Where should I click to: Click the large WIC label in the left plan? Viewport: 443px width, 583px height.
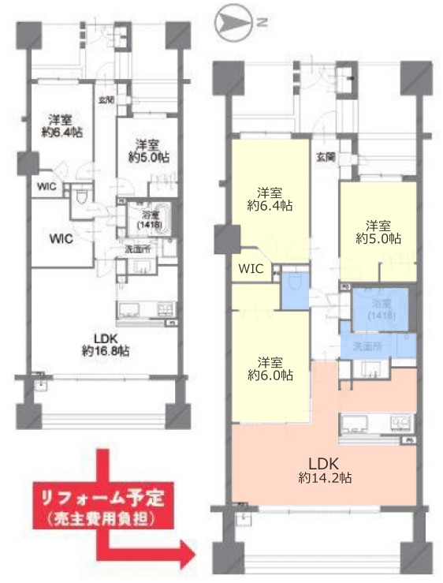(61, 238)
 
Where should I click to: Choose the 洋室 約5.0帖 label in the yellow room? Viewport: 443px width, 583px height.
(377, 229)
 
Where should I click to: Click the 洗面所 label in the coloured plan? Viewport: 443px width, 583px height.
(367, 346)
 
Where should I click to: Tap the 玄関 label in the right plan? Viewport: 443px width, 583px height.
(325, 158)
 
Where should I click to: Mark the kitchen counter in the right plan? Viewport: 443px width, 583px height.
(376, 424)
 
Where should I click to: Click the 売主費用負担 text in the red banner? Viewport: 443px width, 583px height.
(99, 520)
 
